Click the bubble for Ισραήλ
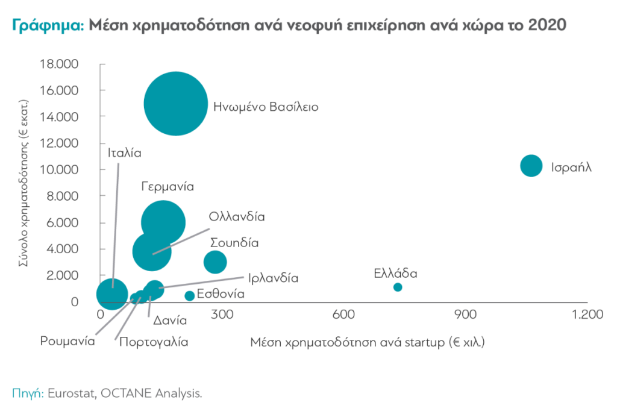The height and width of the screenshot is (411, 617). pyautogui.click(x=531, y=165)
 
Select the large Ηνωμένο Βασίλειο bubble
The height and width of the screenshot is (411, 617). pyautogui.click(x=176, y=104)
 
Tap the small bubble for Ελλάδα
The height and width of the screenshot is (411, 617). pyautogui.click(x=398, y=287)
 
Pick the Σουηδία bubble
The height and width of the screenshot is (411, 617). pyautogui.click(x=215, y=262)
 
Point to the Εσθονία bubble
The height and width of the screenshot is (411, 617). pyautogui.click(x=189, y=295)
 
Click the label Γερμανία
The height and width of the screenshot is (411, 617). pyautogui.click(x=168, y=187)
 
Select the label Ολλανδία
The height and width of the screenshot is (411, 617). pyautogui.click(x=237, y=216)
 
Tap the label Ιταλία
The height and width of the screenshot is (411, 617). pyautogui.click(x=125, y=152)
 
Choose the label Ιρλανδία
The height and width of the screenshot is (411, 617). pyautogui.click(x=273, y=278)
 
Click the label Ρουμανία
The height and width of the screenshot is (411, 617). pyautogui.click(x=68, y=341)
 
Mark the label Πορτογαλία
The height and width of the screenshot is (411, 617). pyautogui.click(x=154, y=342)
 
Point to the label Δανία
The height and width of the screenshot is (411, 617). pyautogui.click(x=164, y=320)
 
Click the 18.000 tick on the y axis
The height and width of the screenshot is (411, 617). pyautogui.click(x=58, y=64)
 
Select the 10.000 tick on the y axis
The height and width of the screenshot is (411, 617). pyautogui.click(x=58, y=169)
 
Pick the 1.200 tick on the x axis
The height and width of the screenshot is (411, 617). pyautogui.click(x=587, y=315)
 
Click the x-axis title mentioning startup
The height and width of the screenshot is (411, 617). pyautogui.click(x=368, y=342)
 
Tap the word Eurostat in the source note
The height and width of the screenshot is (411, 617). pyautogui.click(x=69, y=394)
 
